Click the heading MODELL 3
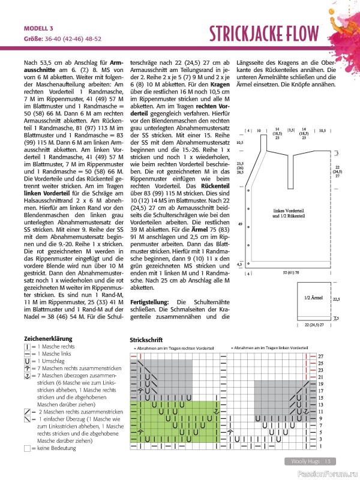point(38,28)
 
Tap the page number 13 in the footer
point(328,461)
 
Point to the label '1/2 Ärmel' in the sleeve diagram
point(314,298)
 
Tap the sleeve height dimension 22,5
point(336,298)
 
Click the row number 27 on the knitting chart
point(320,356)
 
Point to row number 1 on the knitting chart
point(320,446)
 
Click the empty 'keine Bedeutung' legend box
point(27,448)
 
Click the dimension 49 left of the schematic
point(241,224)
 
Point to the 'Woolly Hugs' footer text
point(304,461)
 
